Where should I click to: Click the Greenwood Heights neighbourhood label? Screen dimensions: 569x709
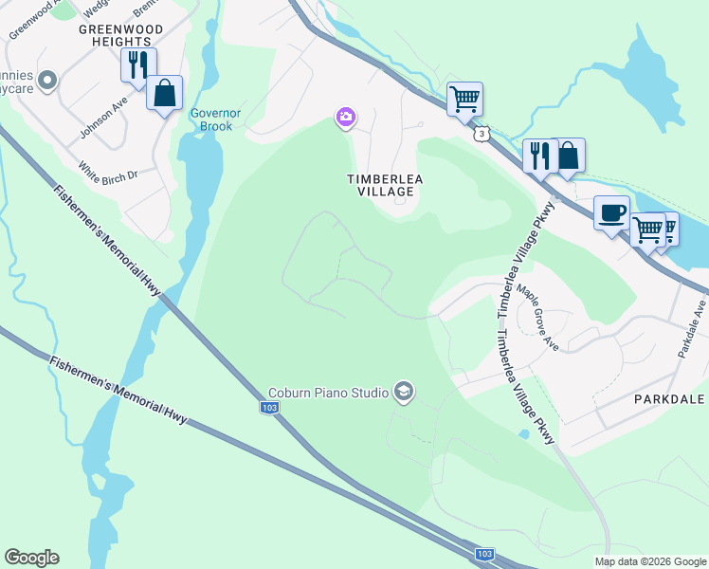coord(120,36)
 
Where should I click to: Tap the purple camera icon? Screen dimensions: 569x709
coord(346,118)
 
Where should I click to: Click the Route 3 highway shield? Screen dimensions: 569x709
coord(483,135)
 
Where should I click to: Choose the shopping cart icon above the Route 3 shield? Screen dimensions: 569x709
coord(464,98)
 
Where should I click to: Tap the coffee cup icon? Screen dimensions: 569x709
coord(611,211)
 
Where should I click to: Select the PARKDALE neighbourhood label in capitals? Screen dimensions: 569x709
coord(669,399)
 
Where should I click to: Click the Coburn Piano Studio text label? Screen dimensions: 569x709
coord(328,393)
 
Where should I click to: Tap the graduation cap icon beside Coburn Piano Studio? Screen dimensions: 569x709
coord(404,393)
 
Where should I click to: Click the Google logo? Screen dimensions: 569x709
coord(31,558)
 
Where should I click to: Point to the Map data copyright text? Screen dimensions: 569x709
coord(650,561)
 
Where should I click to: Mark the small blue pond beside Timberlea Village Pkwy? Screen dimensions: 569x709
coord(524,433)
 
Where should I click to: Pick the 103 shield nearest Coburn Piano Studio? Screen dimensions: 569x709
coord(269,407)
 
